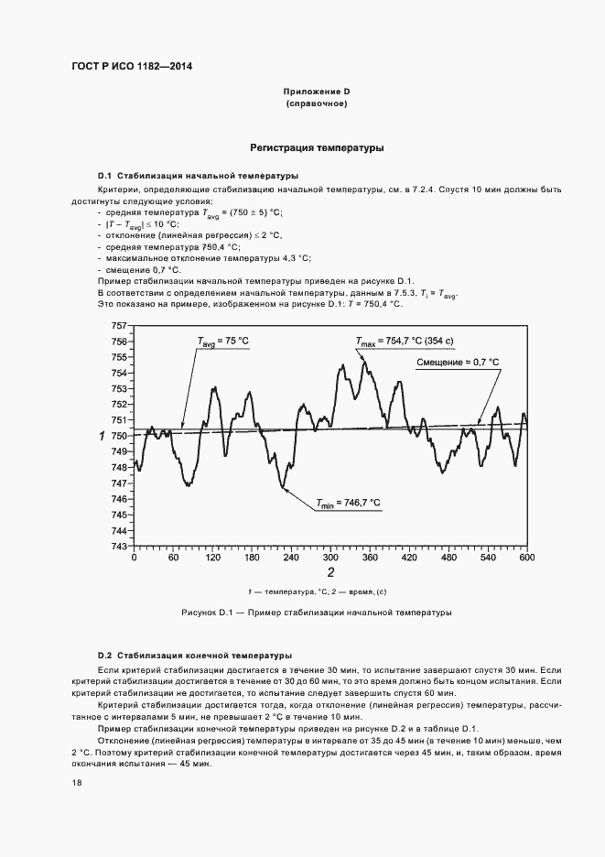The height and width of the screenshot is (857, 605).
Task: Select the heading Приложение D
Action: point(317,92)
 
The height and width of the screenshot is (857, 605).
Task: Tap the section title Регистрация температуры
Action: point(317,147)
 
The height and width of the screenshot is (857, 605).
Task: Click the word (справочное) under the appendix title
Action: point(317,104)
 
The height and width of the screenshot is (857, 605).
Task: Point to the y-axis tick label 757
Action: point(118,326)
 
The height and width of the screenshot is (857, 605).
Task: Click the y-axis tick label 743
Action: point(118,547)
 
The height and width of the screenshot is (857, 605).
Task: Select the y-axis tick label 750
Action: point(118,437)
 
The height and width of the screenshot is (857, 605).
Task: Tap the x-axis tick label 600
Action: point(526,558)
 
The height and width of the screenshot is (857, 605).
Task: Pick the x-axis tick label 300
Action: point(330,558)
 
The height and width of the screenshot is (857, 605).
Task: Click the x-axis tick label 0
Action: point(135,558)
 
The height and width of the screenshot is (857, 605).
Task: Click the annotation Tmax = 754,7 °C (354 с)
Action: point(405,341)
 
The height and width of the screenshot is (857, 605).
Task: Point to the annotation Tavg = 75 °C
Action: point(223,341)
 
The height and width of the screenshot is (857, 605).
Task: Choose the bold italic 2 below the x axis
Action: point(330,573)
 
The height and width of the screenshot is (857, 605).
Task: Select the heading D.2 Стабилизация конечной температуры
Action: point(195,656)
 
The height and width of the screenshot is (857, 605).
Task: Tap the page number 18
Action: point(77,783)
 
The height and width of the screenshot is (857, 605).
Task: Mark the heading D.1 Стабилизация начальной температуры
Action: point(198,175)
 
